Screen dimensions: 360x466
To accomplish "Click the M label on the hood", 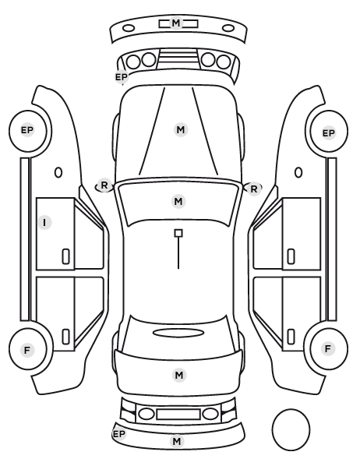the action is (181, 130).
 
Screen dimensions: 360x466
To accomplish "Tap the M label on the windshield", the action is (178, 202).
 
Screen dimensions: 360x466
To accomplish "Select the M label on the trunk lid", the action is (179, 376).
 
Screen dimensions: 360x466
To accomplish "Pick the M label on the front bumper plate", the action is (176, 23).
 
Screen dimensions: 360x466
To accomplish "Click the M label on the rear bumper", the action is (177, 441).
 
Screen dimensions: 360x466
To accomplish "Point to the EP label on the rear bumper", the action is (119, 434).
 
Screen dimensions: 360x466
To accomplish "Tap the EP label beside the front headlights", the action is (122, 77).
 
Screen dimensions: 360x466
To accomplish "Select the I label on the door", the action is (44, 222).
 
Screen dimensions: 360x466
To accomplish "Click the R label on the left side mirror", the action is (104, 185).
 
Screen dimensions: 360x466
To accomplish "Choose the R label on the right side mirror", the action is (253, 189).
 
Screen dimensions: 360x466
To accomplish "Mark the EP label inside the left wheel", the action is (27, 130).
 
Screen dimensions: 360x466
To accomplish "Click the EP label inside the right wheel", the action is (329, 133).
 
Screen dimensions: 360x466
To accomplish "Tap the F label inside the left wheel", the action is (27, 351).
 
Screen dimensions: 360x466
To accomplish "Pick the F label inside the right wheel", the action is (328, 349).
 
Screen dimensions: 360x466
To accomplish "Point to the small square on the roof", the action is (178, 233).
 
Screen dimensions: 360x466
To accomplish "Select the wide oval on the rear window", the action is (178, 334).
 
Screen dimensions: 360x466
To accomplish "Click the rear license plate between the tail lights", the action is (178, 415).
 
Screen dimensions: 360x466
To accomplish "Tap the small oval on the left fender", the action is (58, 173).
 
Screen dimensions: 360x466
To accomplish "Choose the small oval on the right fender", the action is (298, 173).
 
